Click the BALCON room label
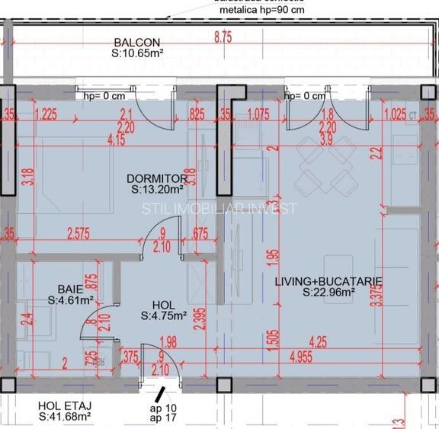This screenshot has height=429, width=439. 137,43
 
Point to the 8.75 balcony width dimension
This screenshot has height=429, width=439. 223,36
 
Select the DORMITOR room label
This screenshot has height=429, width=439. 157,178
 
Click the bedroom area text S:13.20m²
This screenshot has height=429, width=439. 156,189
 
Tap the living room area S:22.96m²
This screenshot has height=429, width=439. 328,291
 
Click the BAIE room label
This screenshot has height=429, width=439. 71,290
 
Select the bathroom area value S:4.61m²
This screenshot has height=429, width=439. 70,300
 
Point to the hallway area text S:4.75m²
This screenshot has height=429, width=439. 164,315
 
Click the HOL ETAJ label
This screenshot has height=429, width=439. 65,405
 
